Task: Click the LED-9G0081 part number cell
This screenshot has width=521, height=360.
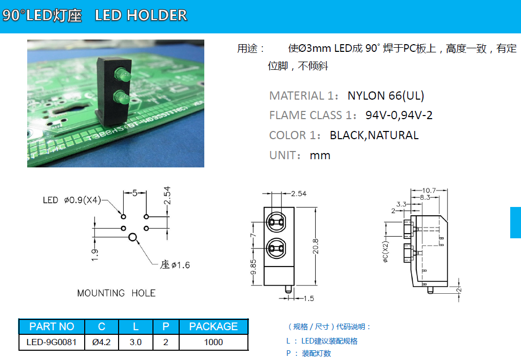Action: tap(51, 342)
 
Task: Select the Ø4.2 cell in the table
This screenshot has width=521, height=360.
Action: tap(102, 342)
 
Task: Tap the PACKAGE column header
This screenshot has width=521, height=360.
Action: tap(213, 327)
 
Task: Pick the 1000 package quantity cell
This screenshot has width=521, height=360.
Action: tap(213, 342)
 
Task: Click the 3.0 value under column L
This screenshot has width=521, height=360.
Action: tap(136, 342)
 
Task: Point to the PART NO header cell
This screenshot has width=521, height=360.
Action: tap(51, 327)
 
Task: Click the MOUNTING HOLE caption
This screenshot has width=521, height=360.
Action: tap(116, 293)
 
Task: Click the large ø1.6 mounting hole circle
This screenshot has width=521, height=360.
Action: tap(133, 237)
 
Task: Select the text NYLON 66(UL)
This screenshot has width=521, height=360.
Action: tap(385, 96)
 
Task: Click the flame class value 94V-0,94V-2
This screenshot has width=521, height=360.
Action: tap(399, 115)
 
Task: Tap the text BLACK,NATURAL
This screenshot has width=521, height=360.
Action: tap(374, 135)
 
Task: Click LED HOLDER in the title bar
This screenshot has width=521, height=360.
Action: tap(141, 15)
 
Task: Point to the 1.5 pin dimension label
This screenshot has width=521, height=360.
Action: tap(308, 298)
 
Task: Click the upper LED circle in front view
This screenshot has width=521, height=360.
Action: tap(276, 222)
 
